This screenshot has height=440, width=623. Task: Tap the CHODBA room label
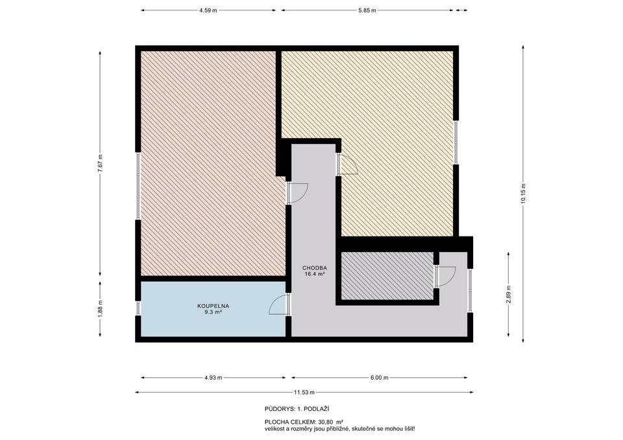pos(314,268)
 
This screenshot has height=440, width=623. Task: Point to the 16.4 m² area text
pos(314,274)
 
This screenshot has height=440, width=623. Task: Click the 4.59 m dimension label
pos(208,10)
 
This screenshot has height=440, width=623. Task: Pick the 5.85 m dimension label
pos(367,10)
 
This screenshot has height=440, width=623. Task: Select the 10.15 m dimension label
pos(523,193)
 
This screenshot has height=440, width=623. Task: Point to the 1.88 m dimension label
pos(100,308)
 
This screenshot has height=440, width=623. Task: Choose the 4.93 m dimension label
pos(213,378)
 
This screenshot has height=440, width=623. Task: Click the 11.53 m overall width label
pos(304,392)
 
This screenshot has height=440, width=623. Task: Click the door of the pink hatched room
pos(297,192)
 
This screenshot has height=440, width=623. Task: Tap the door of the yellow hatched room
pos(347,165)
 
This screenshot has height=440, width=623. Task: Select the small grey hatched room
pos(387,276)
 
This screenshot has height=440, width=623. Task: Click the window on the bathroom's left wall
pos(138,308)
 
